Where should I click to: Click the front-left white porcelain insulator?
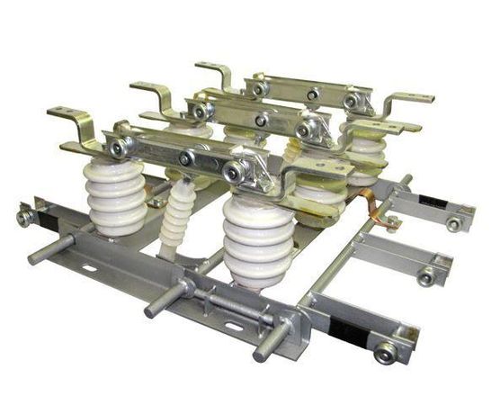pyautogui.click(x=116, y=197)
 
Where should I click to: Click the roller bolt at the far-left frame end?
pyautogui.click(x=24, y=217)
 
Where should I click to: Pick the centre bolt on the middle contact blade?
pyautogui.click(x=260, y=120)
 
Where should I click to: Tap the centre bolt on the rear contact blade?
pyautogui.click(x=312, y=94)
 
